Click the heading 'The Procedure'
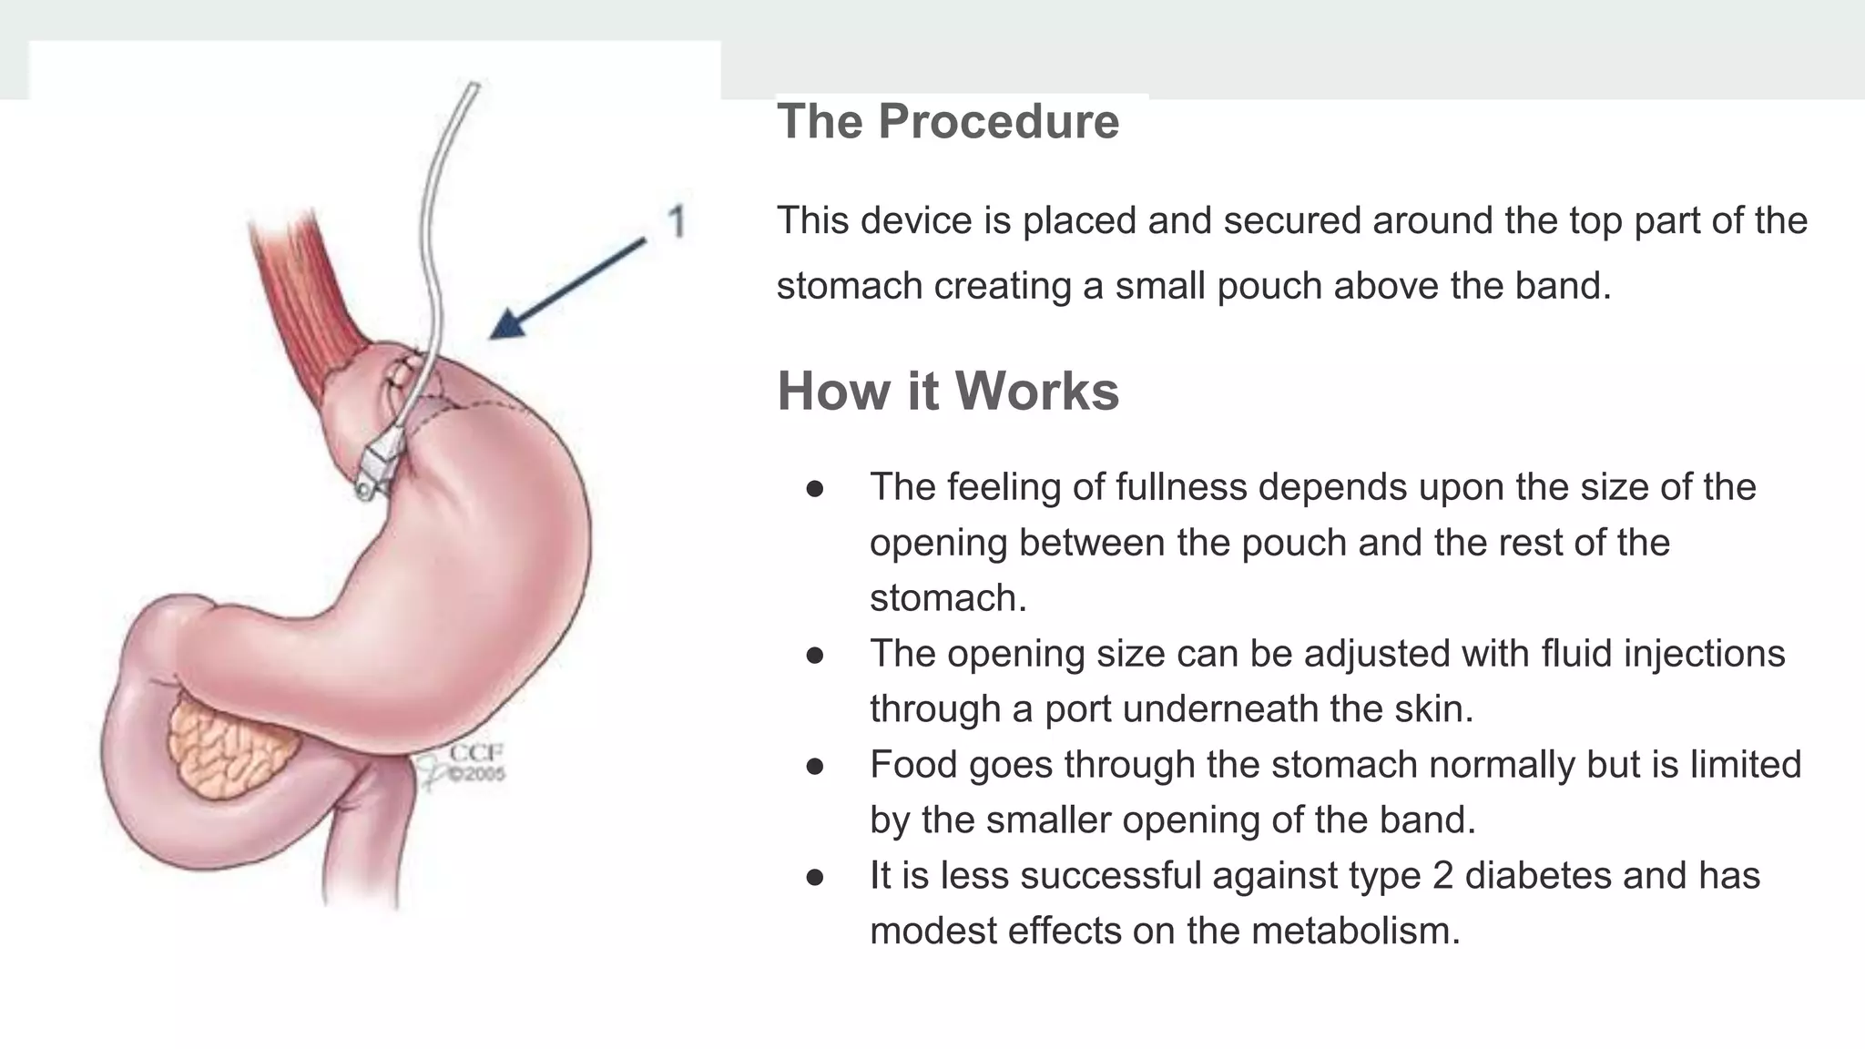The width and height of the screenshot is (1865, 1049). [947, 122]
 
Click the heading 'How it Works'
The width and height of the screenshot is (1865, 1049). [947, 392]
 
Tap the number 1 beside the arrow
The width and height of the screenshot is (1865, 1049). [676, 222]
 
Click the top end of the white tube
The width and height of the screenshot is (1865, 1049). [473, 88]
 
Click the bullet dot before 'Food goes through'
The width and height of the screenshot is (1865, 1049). [815, 767]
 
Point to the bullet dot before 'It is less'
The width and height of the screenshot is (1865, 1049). [815, 878]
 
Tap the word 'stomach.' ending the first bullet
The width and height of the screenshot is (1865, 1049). [948, 599]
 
